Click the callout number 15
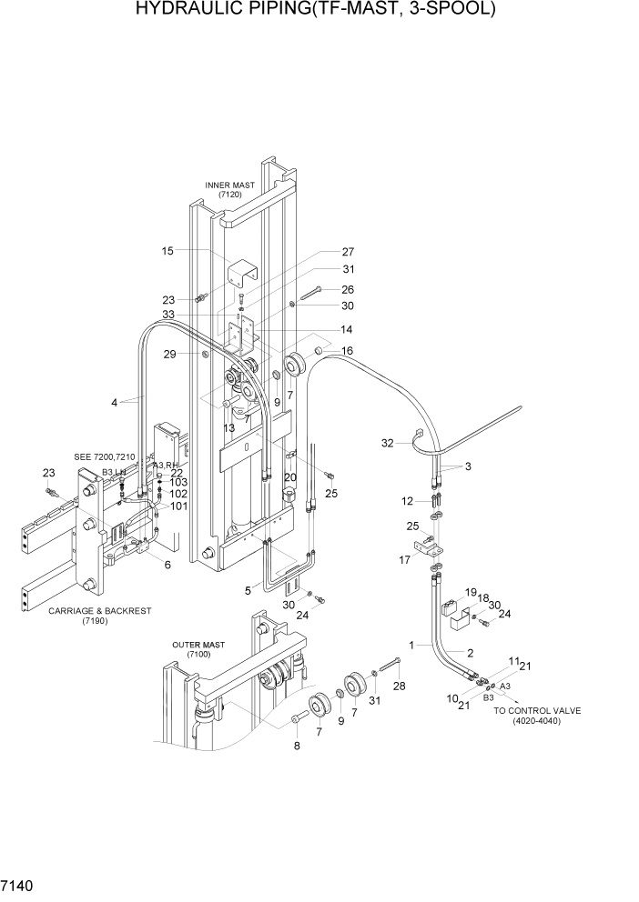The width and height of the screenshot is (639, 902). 167,250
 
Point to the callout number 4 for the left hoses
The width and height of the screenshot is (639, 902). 115,401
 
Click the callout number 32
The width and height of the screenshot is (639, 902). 387,444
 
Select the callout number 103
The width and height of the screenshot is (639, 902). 178,482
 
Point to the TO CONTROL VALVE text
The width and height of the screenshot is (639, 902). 537,711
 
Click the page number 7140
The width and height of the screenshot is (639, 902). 19,883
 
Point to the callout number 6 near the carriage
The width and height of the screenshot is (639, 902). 167,565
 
